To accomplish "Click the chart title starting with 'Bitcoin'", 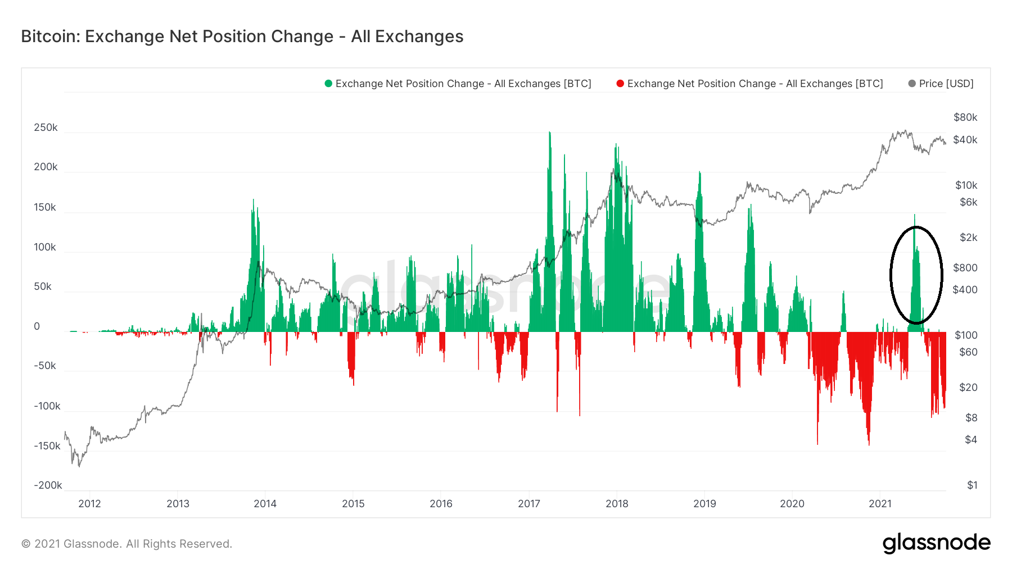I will coord(242,37).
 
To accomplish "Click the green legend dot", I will coord(328,84).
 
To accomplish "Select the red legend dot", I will coord(620,84).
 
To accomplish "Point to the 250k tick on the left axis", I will coord(46,128).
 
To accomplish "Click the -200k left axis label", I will coord(48,485).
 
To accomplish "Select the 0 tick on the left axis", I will coord(37,326).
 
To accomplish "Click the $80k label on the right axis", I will coord(965,117).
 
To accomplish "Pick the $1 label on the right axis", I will coord(972,485).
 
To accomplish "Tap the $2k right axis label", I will coord(968,238).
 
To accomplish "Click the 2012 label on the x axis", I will coord(89,504).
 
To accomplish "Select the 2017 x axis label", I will coord(529,504).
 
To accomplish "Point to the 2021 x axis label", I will coord(880,504).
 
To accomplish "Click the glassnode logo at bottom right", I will coord(936,543).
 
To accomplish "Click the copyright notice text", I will coord(126,544).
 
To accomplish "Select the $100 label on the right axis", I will coord(966,335).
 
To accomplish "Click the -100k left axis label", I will coord(47,406).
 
